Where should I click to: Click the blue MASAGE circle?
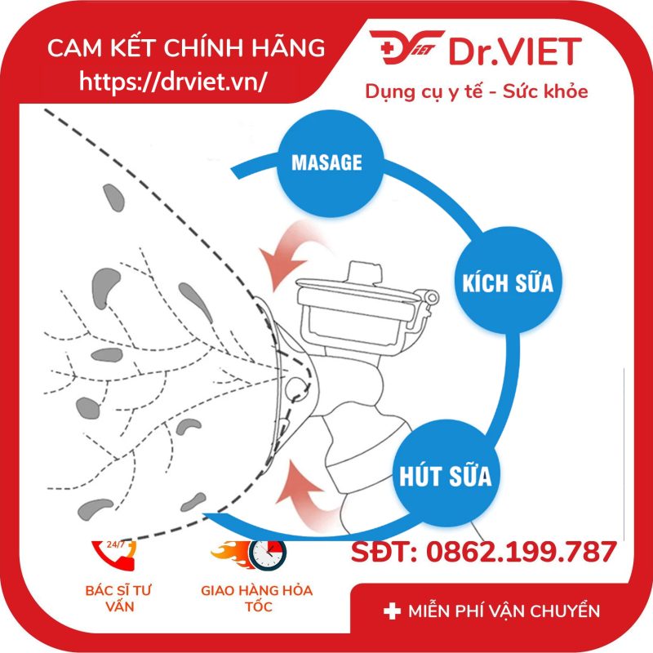click(x=326, y=162)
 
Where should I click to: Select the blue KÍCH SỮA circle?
click(x=506, y=284)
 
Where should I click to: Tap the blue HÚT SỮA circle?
click(x=445, y=473)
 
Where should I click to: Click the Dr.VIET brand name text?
click(x=513, y=51)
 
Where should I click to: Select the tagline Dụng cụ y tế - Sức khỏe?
click(x=477, y=91)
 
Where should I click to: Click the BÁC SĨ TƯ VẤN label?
click(x=119, y=597)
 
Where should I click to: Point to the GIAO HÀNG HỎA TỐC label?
click(x=256, y=597)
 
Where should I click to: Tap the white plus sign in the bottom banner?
click(x=391, y=611)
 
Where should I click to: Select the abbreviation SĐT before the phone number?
click(x=381, y=553)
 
